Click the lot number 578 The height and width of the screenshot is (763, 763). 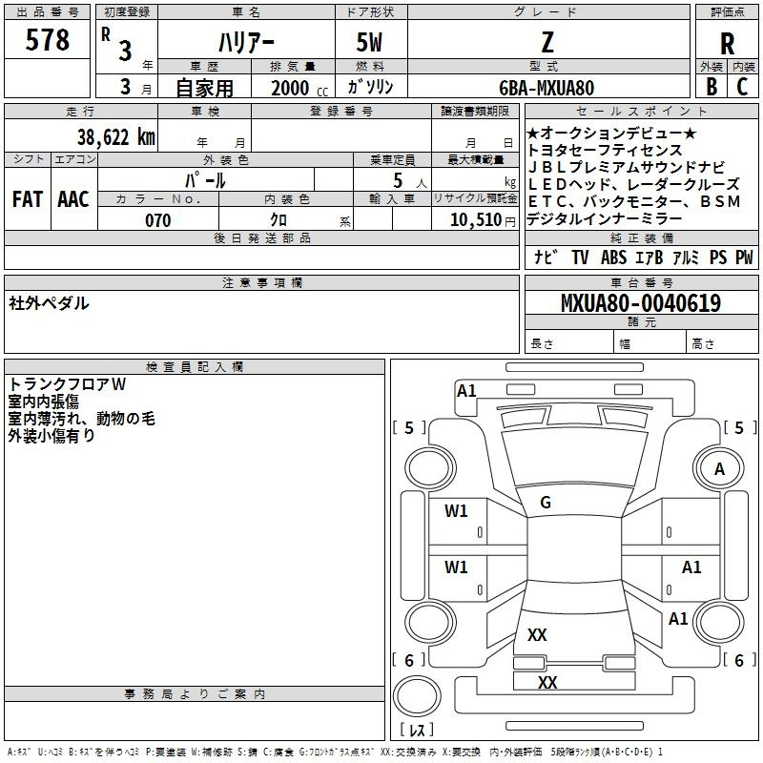(49, 40)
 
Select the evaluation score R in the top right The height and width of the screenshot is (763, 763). (727, 43)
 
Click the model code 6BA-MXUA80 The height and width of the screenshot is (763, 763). (546, 88)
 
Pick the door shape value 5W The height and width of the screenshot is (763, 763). (371, 42)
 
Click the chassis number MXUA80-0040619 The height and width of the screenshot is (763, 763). (640, 303)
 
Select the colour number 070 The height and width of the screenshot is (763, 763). (157, 220)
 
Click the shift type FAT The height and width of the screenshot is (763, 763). (28, 198)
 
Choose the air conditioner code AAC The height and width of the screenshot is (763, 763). (73, 198)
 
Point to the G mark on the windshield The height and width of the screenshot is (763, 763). (546, 502)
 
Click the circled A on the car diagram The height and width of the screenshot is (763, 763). (719, 468)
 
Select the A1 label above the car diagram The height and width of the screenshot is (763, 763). (466, 390)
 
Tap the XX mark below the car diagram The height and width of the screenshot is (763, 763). (547, 683)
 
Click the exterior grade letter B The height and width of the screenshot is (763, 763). (711, 87)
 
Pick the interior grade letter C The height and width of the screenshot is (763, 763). (743, 87)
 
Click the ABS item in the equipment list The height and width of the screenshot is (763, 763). (613, 258)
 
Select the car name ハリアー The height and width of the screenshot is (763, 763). (245, 43)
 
